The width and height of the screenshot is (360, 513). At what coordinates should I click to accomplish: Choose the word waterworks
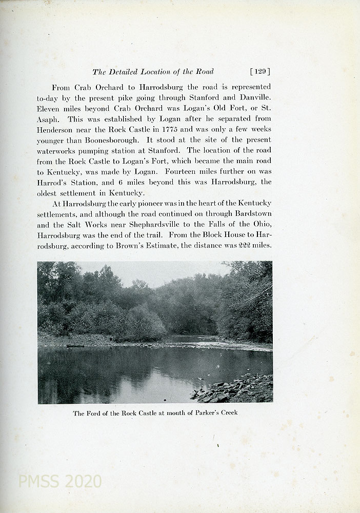tap(59, 150)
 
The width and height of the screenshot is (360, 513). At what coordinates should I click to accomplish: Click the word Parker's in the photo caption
tap(204, 412)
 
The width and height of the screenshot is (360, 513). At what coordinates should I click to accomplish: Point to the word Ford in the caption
tap(94, 412)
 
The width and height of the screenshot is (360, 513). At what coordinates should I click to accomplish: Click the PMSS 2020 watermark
tap(59, 481)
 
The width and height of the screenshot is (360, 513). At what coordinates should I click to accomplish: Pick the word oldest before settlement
tap(50, 193)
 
